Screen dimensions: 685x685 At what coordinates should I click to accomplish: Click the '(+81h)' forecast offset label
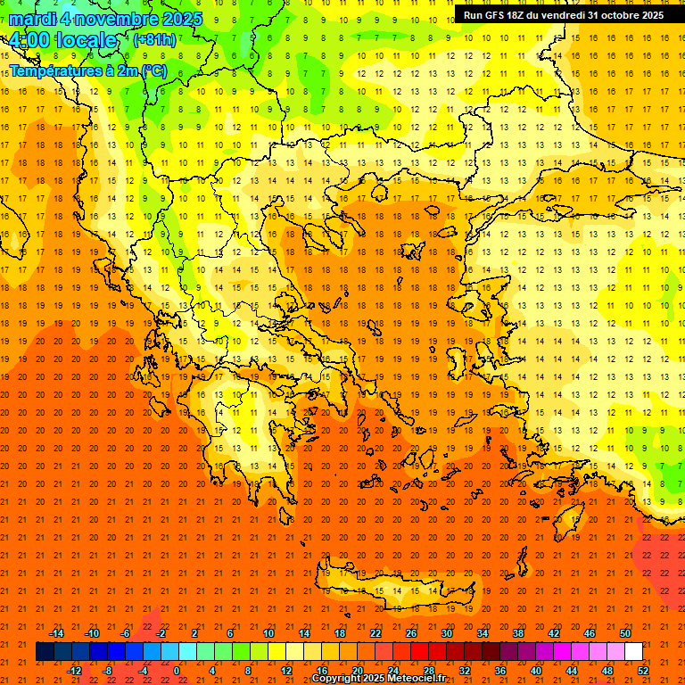pos(154,40)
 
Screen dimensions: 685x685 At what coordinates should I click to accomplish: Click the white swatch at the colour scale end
pos(633,652)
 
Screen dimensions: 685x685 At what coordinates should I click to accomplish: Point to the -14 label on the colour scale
pos(56,633)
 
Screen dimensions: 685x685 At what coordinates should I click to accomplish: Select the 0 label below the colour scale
pos(176,671)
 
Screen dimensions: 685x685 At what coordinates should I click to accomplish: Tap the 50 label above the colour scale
pos(626,633)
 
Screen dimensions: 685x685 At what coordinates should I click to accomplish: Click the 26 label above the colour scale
pos(411,633)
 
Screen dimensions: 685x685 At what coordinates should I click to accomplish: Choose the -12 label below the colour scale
pos(74,671)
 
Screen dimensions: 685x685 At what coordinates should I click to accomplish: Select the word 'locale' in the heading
pos(86,40)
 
